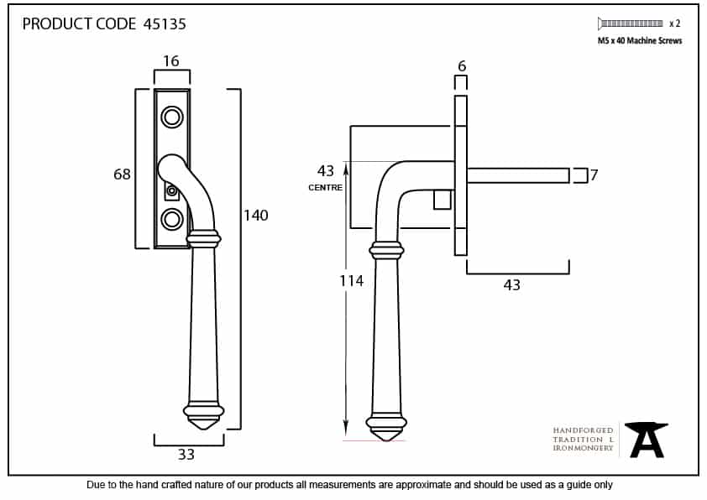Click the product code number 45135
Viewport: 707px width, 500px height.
[165, 23]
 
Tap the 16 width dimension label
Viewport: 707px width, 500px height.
[171, 60]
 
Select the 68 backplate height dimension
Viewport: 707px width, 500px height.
[122, 174]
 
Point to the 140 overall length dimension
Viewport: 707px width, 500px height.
[256, 216]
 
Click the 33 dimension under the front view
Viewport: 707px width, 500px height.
[186, 455]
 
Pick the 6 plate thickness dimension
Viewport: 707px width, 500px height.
[462, 66]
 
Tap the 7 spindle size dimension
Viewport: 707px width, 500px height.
[594, 174]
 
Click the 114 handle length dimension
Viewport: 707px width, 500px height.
[352, 281]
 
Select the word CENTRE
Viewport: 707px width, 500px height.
[326, 187]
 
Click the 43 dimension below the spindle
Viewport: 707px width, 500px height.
[511, 284]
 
